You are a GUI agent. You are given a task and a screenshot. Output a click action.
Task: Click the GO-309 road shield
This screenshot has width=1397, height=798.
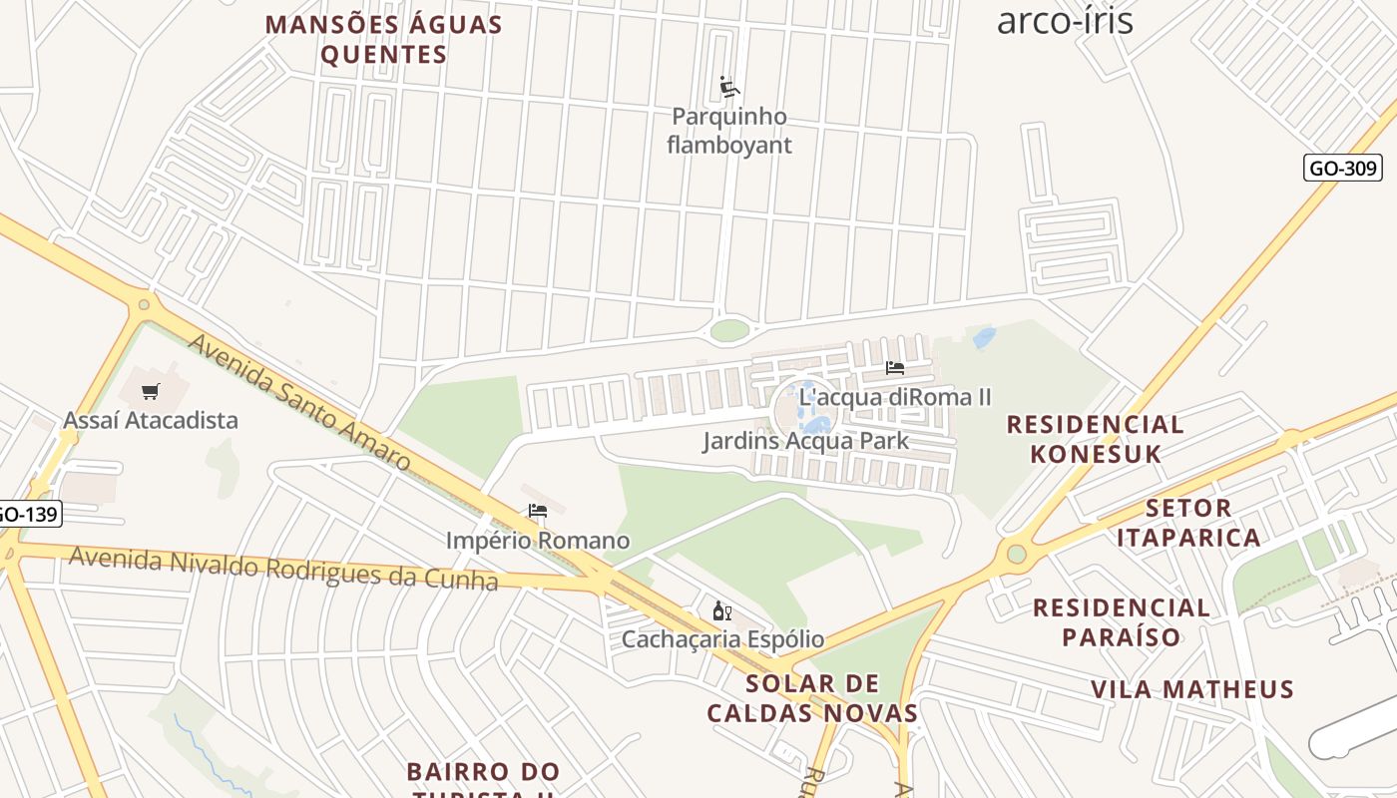coord(1342,168)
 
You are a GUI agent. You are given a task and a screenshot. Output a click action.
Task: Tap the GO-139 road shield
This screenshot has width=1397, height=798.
coord(29,515)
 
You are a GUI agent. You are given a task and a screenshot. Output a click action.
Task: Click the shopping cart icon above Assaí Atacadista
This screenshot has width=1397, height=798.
coord(151,392)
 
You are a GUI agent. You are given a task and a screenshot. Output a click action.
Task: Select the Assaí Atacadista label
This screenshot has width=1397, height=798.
coord(151,420)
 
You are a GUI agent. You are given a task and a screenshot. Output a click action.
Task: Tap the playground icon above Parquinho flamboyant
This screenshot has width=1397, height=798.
coord(729,88)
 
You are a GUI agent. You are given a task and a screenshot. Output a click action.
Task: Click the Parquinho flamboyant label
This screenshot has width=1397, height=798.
coord(729,131)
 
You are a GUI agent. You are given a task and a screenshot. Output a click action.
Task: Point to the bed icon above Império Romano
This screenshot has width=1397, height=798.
coord(538,512)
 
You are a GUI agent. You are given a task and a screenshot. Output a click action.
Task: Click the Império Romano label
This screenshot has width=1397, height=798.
coord(538,541)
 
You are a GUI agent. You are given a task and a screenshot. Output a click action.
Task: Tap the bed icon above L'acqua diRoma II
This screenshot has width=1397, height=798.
coord(895,368)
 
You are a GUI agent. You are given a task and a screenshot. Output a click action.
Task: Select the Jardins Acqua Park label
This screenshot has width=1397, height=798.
coord(805,441)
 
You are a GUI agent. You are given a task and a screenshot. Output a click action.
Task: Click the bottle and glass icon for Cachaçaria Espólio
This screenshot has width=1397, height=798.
coord(721,610)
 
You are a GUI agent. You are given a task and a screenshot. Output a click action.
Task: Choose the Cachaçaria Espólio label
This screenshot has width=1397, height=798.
coord(722,638)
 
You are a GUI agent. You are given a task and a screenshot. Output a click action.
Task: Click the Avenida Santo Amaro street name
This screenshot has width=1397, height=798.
coord(298,403)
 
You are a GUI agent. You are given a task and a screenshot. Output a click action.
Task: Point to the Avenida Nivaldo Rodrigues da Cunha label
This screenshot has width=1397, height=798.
coord(282,568)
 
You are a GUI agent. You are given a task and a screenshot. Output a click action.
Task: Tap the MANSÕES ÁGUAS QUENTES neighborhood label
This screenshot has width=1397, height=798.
coord(384,40)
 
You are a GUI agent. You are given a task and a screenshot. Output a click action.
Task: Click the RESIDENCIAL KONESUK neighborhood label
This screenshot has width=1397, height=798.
coord(1096,439)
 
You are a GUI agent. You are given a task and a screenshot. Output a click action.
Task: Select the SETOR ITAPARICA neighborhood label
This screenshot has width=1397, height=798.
coord(1188,523)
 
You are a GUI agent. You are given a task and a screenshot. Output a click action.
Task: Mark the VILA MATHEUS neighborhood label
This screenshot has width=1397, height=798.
coord(1192,689)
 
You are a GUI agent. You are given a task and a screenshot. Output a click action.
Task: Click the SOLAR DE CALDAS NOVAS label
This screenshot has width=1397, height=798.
coord(812,698)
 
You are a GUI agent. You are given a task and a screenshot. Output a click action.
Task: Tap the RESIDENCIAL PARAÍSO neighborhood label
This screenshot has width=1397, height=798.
coord(1122,622)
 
